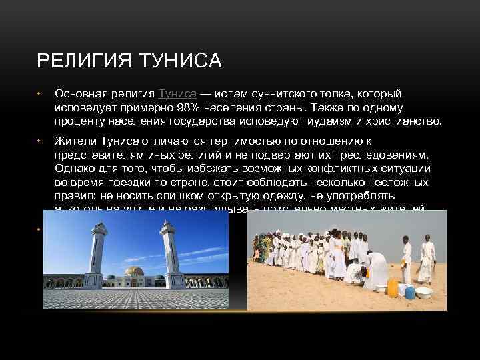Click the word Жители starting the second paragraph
pos(76,141)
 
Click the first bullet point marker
pos(39,94)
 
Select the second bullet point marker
pos(39,141)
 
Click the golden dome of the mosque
pos(134,273)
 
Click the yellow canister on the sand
pos(393,287)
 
